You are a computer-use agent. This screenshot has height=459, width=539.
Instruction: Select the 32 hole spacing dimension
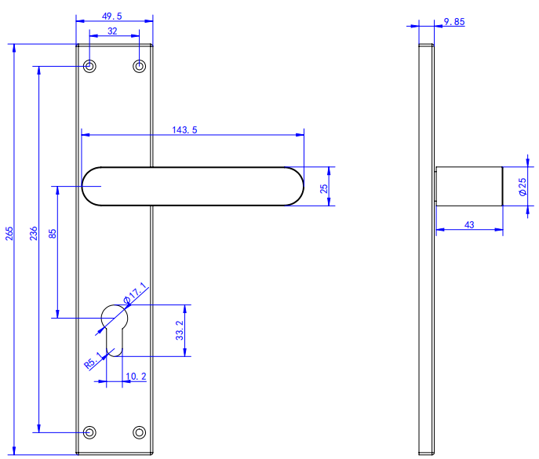pyautogui.click(x=112, y=31)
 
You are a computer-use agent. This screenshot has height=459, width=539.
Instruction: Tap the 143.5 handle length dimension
pyautogui.click(x=184, y=129)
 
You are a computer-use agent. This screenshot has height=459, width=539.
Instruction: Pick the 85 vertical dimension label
pyautogui.click(x=52, y=233)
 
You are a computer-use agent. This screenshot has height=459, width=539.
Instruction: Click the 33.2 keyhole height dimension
pyautogui.click(x=180, y=330)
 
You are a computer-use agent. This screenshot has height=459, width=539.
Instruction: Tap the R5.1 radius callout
pyautogui.click(x=93, y=361)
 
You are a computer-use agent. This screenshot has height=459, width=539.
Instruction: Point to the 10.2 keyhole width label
pyautogui.click(x=136, y=377)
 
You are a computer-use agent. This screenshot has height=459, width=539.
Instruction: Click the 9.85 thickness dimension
pyautogui.click(x=453, y=22)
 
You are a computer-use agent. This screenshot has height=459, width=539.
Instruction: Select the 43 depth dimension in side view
pyautogui.click(x=469, y=224)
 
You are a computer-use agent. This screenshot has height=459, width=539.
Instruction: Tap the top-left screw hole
pyautogui.click(x=90, y=66)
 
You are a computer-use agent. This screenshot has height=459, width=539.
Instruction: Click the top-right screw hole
pyautogui.click(x=140, y=66)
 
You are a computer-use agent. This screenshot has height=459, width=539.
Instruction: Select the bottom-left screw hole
pyautogui.click(x=90, y=432)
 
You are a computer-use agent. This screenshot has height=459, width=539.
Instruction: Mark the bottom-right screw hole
pyautogui.click(x=140, y=432)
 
